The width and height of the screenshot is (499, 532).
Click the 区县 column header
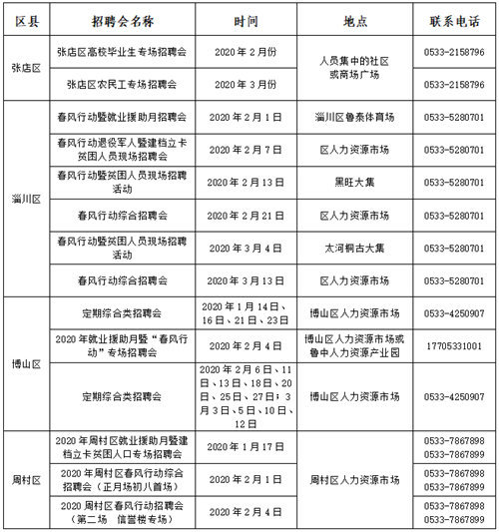tap(27, 20)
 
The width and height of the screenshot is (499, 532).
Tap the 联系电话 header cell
tap(450, 20)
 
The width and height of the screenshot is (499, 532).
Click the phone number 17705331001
tap(450, 345)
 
